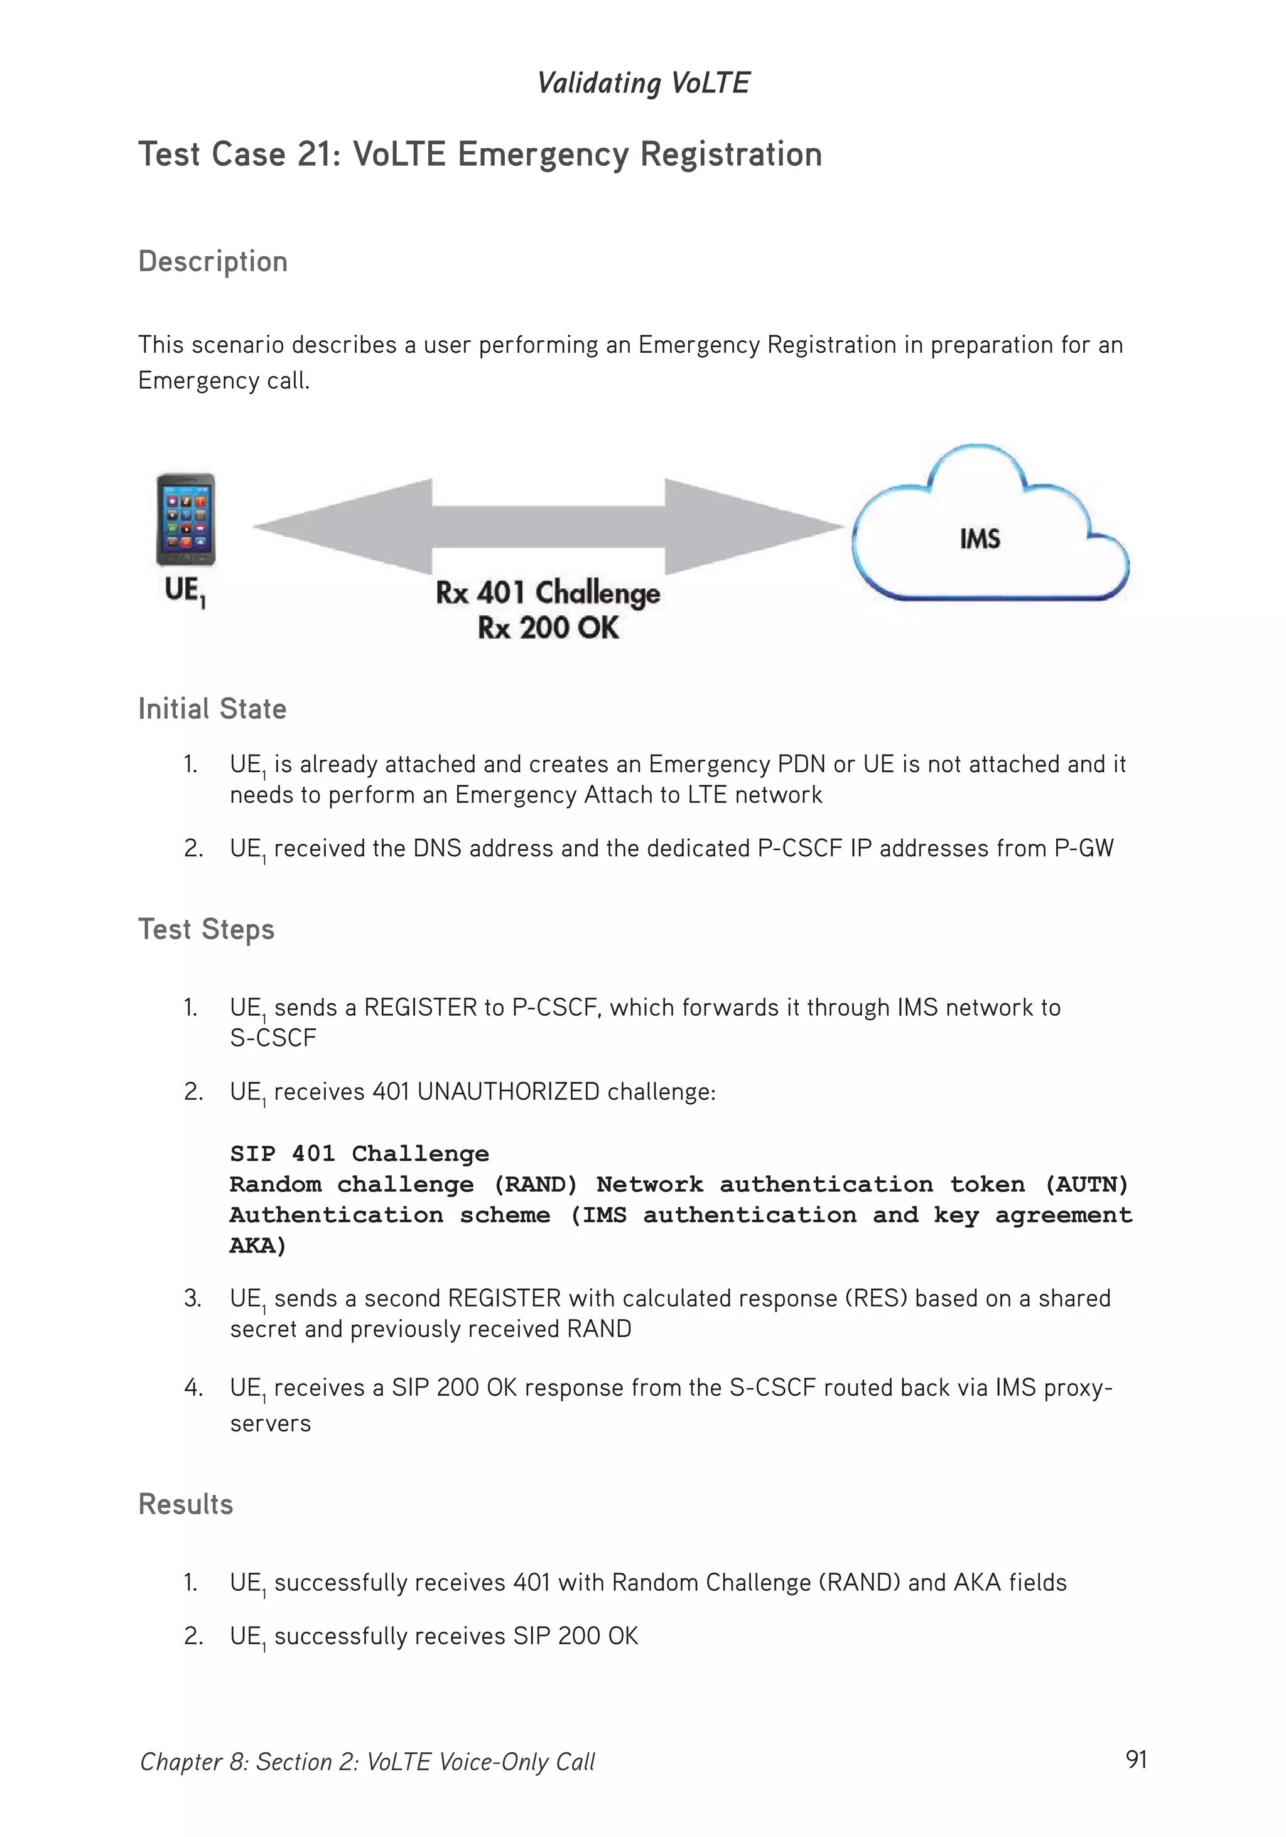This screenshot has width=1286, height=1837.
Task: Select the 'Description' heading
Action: [213, 262]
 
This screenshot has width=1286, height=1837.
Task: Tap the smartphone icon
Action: [186, 519]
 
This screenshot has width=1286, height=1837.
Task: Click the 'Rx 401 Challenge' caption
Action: [548, 593]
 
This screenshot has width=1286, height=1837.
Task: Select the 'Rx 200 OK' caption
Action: [548, 628]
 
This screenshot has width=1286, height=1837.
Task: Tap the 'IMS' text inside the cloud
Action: [980, 539]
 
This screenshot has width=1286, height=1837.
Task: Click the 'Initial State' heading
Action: [212, 709]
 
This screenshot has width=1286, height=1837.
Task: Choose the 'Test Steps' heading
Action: [207, 930]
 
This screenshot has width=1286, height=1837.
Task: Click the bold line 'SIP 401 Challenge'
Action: [359, 1154]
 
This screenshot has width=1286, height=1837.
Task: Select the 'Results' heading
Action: [186, 1504]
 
